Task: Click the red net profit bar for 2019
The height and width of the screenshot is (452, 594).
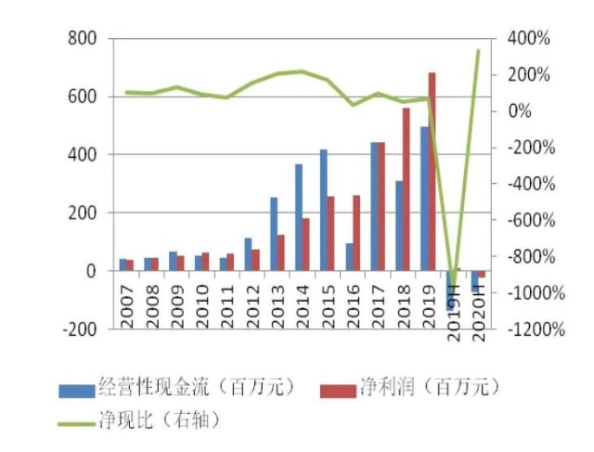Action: click(432, 172)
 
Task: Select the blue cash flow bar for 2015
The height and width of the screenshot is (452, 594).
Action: click(323, 210)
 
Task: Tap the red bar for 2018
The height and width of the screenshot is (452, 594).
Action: click(406, 189)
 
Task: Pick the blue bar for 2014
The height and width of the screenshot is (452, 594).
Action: click(298, 217)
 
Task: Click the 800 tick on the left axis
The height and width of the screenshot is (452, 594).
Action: click(83, 39)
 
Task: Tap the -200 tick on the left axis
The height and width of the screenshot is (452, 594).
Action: click(79, 329)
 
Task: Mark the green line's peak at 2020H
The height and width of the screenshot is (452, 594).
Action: click(479, 50)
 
